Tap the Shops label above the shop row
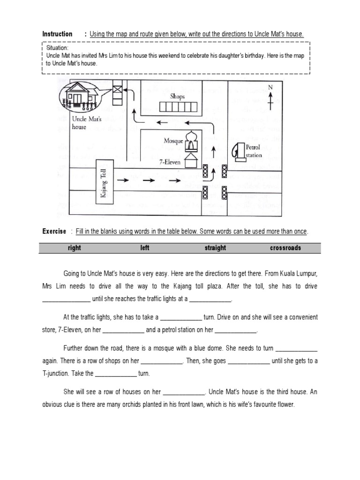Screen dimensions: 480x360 coord(177,97)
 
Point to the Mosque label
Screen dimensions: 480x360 coord(173,140)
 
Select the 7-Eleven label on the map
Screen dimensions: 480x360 coord(170,160)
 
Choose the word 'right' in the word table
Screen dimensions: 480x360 coord(74,248)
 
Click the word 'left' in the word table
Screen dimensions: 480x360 coord(145,248)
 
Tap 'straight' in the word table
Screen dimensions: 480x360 coord(215,248)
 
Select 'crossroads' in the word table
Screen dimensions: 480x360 coord(285,248)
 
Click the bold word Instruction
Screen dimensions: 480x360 coord(57,34)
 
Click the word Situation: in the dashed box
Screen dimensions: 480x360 coord(57,48)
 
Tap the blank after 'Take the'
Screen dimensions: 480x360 coord(116,374)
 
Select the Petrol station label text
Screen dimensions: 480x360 coord(254,151)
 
